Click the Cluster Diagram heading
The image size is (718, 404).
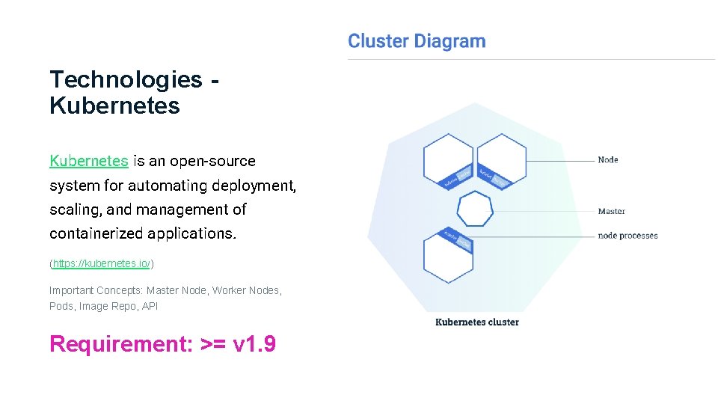[417, 41]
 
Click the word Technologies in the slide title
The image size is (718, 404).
[126, 79]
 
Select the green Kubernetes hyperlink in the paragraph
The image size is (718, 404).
[88, 161]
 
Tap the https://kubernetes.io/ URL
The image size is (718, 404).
[102, 264]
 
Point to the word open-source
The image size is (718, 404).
[212, 161]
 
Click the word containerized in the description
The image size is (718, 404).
[96, 233]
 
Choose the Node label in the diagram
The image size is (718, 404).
[607, 159]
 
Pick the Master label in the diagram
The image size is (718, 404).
[611, 211]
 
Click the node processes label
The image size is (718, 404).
[628, 236]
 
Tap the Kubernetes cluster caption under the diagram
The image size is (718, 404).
[476, 322]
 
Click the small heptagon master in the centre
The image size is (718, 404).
[475, 209]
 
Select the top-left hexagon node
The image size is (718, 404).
[447, 160]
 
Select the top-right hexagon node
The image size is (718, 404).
[502, 160]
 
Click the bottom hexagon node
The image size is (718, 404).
[447, 254]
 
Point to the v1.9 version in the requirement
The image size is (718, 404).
[255, 344]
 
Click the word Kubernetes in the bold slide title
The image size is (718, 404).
[114, 105]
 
